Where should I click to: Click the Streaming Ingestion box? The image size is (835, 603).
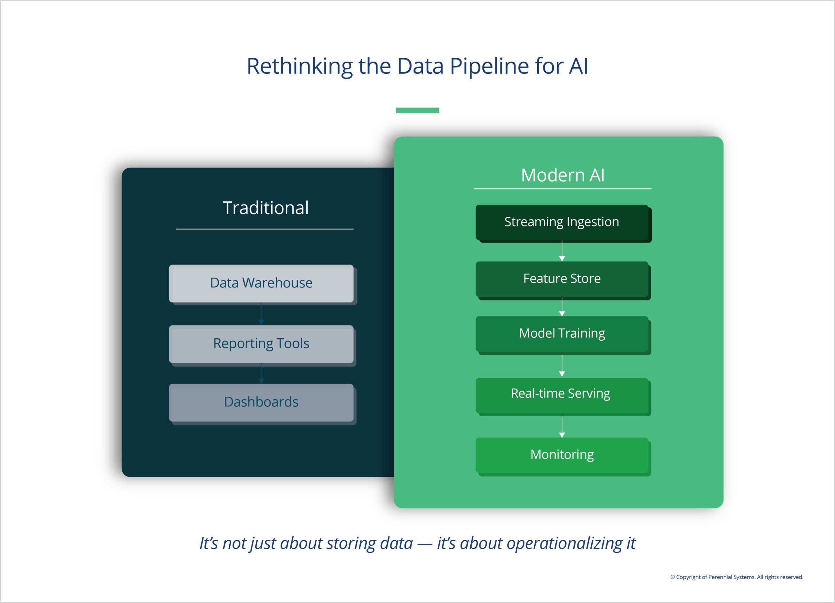[x=562, y=222]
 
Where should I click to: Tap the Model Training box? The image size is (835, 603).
[x=562, y=333]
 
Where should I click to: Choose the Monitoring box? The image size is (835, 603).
[x=562, y=455]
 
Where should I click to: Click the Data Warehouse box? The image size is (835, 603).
[x=261, y=283]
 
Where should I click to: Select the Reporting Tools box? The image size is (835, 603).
[x=261, y=344]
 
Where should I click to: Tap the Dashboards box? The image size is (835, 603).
[x=261, y=402]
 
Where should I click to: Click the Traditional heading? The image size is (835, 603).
[x=266, y=208]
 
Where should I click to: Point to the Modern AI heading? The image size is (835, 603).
[x=563, y=175]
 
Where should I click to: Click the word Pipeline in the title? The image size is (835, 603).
[x=489, y=66]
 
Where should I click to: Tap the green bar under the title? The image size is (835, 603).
[x=417, y=110]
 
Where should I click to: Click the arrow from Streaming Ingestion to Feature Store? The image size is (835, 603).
[x=562, y=251]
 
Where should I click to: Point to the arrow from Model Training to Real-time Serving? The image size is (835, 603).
[x=562, y=366]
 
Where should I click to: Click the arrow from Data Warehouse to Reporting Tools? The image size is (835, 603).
[x=261, y=314]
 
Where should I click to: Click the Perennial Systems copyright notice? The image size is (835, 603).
[x=736, y=577]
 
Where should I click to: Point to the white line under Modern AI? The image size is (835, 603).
[x=562, y=189]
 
